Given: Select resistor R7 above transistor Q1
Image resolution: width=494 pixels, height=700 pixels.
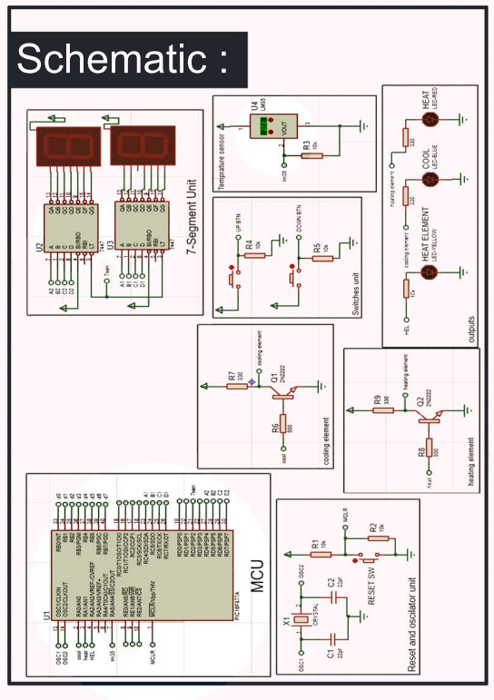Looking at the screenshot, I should pos(238,385).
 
